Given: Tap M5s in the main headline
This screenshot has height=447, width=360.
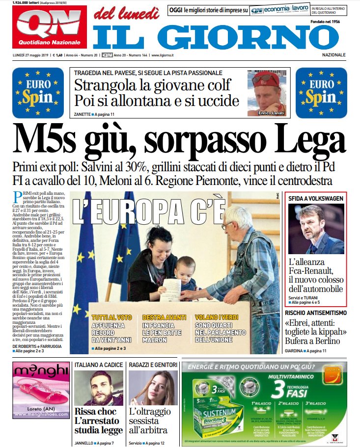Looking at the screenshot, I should point(49,140).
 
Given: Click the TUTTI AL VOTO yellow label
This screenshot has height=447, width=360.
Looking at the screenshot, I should point(111,317).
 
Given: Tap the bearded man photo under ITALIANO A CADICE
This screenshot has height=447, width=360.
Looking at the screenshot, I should point(98,388).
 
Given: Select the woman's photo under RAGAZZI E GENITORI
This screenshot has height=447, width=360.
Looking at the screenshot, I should point(152,388).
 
